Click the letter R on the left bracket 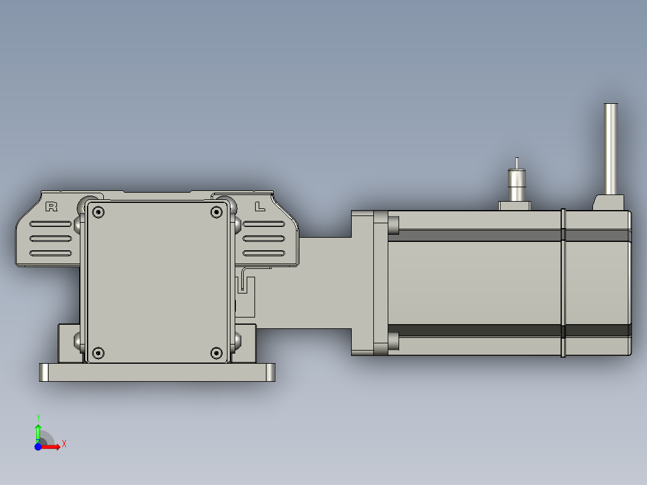coord(52,207)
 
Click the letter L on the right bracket coord(259,207)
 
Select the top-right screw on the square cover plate coord(217,211)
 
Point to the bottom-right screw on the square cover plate coord(217,352)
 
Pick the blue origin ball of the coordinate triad coord(38,447)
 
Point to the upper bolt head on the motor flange coord(394,224)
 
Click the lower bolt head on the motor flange coord(394,342)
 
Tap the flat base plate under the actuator coord(156,373)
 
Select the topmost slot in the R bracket coord(51,224)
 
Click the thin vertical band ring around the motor coord(563,282)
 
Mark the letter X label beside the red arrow coord(64,444)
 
